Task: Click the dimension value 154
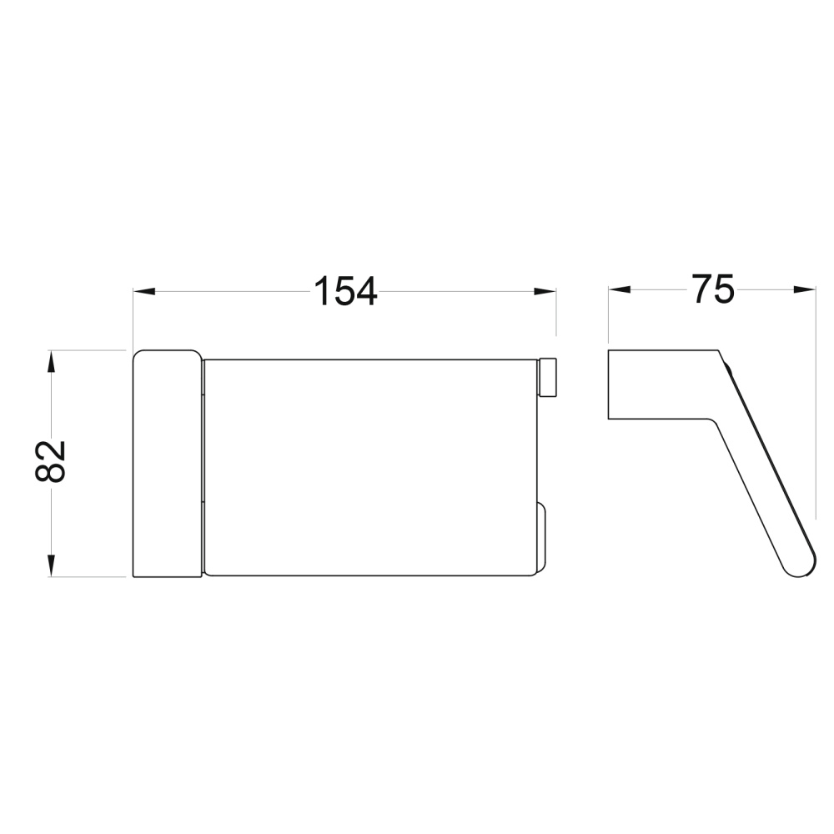pyautogui.click(x=346, y=291)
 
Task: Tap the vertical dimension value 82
pyautogui.click(x=50, y=460)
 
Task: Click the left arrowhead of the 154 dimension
pyautogui.click(x=143, y=291)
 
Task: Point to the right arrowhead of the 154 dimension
pyautogui.click(x=545, y=291)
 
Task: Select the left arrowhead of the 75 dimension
pyautogui.click(x=619, y=289)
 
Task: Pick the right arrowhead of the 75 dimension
pyautogui.click(x=804, y=289)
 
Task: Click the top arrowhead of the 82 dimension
pyautogui.click(x=51, y=361)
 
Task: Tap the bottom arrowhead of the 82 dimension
pyautogui.click(x=51, y=565)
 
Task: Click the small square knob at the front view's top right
pyautogui.click(x=548, y=378)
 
